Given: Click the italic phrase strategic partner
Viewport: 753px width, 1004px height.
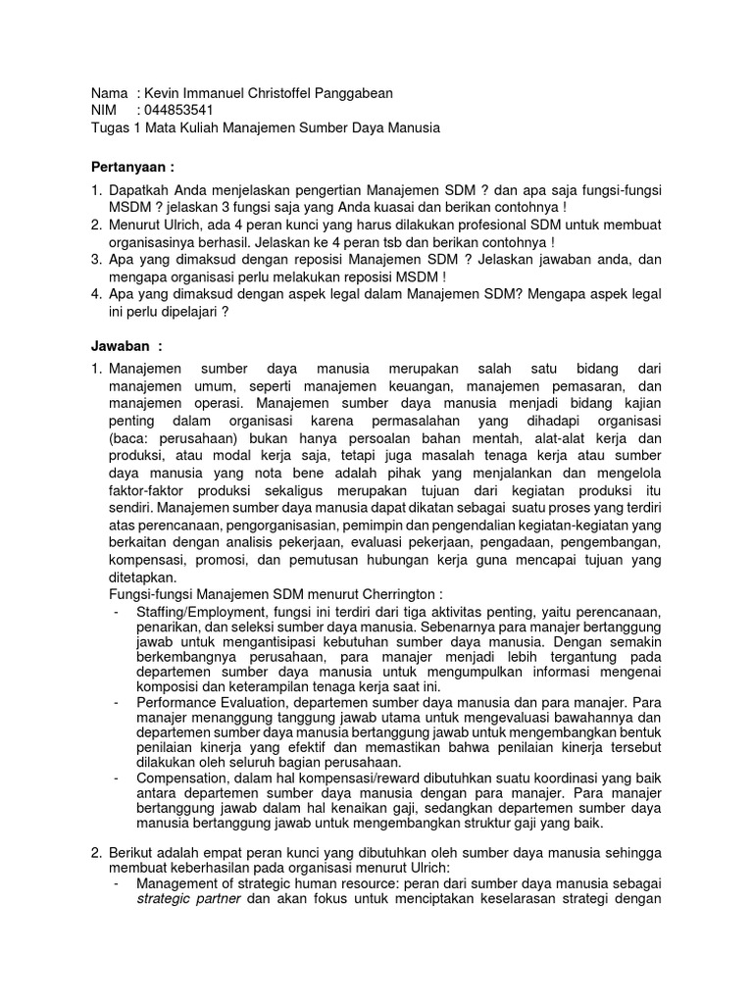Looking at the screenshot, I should point(186,898).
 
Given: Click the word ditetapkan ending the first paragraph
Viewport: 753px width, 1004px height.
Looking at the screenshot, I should point(144,578).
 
